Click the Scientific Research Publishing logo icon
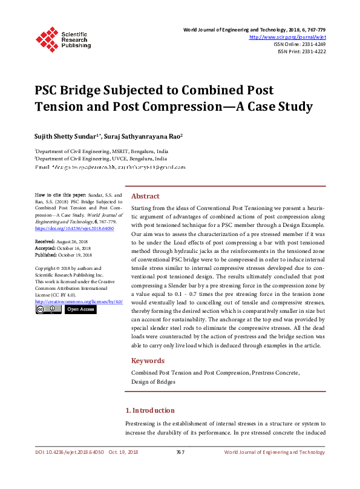click(x=47, y=38)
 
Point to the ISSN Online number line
click(x=299, y=44)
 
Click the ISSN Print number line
click(x=301, y=51)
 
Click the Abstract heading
click(x=145, y=196)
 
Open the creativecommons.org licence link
click(x=79, y=301)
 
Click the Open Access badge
click(x=80, y=309)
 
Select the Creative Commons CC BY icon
click(x=48, y=309)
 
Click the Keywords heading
click(x=148, y=361)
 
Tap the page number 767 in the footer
click(x=180, y=452)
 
